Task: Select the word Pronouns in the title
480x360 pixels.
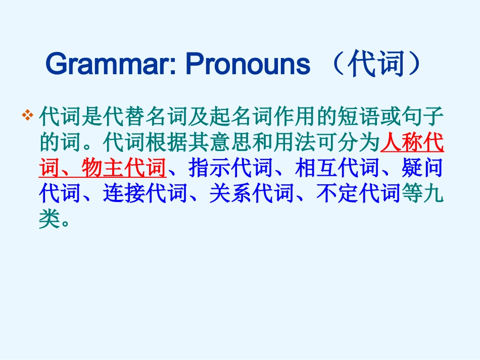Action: (248, 64)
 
